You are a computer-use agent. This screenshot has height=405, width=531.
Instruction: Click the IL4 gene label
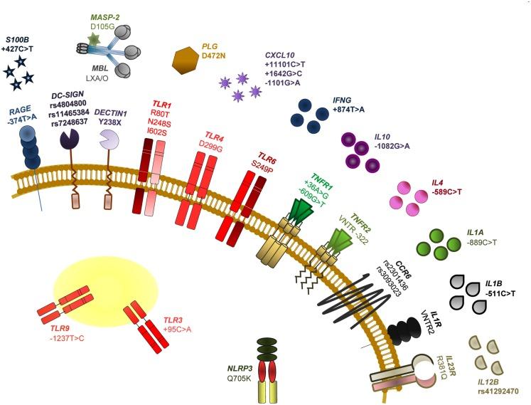click(x=438, y=182)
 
